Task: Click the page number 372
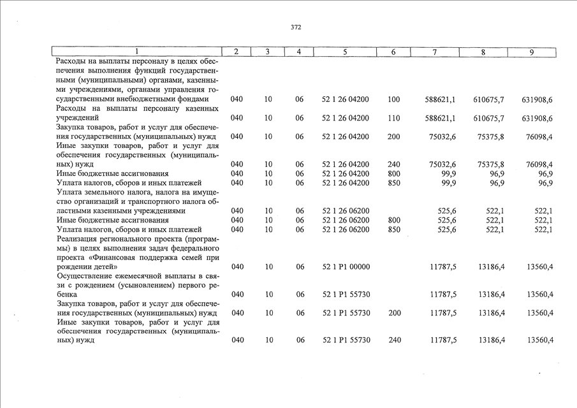pyautogui.click(x=296, y=27)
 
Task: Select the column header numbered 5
pyautogui.click(x=344, y=52)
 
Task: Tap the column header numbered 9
pyautogui.click(x=531, y=52)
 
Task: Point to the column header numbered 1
pyautogui.click(x=136, y=52)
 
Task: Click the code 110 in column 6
pyautogui.click(x=393, y=118)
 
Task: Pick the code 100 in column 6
pyautogui.click(x=393, y=99)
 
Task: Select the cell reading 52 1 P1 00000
pyautogui.click(x=346, y=266)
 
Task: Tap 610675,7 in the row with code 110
pyautogui.click(x=489, y=118)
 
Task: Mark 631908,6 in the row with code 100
pyautogui.click(x=537, y=99)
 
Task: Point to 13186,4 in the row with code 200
pyautogui.click(x=492, y=312)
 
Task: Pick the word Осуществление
pyautogui.click(x=84, y=275)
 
